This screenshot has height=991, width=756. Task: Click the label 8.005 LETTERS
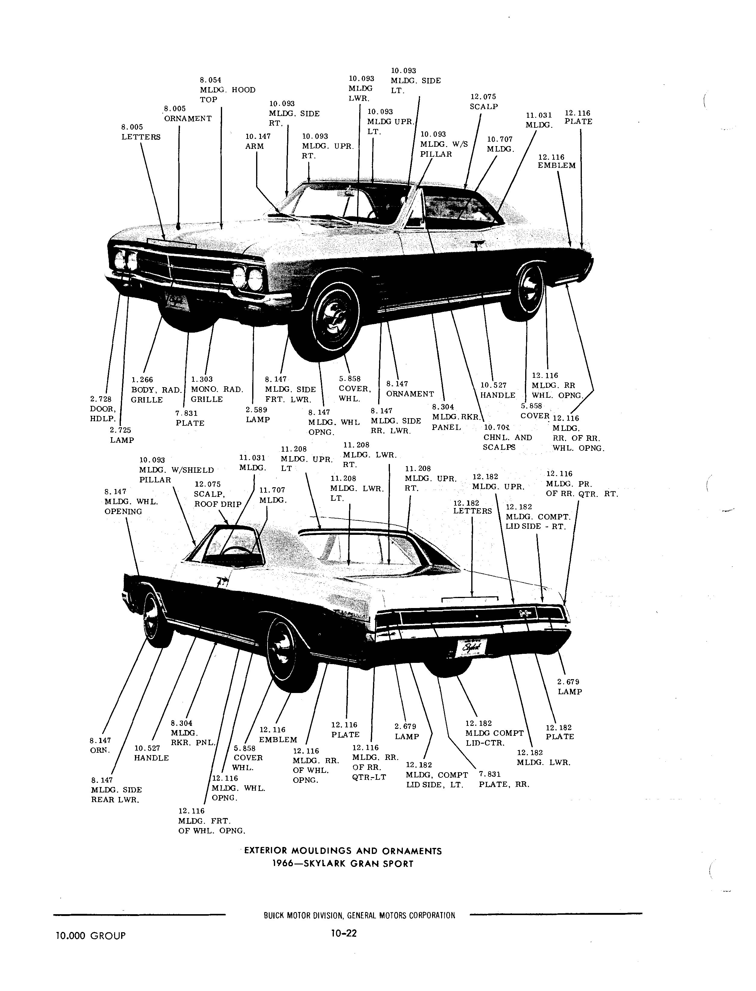coord(141,132)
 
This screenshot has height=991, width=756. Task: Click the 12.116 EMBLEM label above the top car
coord(557,162)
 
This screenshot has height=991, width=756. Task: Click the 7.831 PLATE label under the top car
coord(190,418)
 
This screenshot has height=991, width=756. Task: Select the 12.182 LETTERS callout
coord(472,507)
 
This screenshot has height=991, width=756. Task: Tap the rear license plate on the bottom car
coord(471,648)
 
